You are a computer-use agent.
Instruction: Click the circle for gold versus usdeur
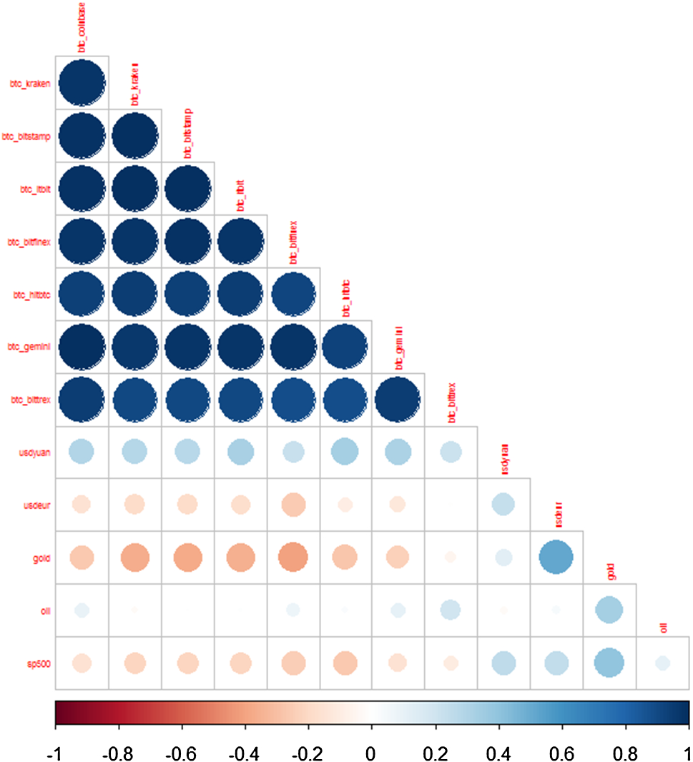click(x=556, y=557)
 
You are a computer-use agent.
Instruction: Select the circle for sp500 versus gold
click(x=609, y=663)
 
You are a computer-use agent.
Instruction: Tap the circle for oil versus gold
click(x=609, y=610)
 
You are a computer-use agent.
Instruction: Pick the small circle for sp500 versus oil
click(x=662, y=663)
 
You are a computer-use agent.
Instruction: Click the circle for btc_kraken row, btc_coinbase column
click(x=82, y=83)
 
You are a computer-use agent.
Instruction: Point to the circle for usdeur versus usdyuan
click(x=503, y=504)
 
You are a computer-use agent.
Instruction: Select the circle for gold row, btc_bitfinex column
click(x=293, y=557)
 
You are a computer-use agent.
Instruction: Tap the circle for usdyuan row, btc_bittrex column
click(x=451, y=451)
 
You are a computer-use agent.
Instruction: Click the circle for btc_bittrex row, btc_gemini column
click(x=398, y=398)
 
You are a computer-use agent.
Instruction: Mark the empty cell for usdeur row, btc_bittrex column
click(x=451, y=504)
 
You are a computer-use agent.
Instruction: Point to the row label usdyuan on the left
click(x=35, y=451)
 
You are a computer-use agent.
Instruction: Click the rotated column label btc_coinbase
click(x=82, y=27)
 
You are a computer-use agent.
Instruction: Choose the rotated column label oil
click(x=663, y=628)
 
